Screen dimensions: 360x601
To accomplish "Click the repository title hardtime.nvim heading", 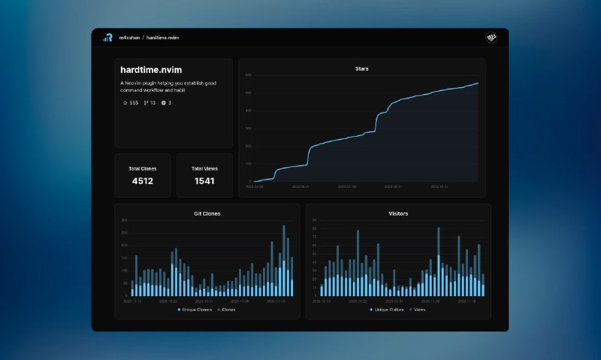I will pyautogui.click(x=151, y=70).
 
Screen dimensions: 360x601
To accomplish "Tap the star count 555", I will pyautogui.click(x=134, y=103).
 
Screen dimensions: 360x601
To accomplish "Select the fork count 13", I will pyautogui.click(x=153, y=103).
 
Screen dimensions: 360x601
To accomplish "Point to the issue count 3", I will pyautogui.click(x=169, y=103).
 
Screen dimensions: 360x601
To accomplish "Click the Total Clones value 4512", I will pyautogui.click(x=143, y=181).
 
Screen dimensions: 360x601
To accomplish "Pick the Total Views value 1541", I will pyautogui.click(x=204, y=181).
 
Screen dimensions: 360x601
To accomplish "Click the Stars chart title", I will pyautogui.click(x=362, y=69).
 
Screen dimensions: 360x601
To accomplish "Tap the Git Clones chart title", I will pyautogui.click(x=207, y=214).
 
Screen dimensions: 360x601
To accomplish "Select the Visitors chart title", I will pyautogui.click(x=398, y=214).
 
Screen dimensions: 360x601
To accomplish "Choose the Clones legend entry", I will pyautogui.click(x=228, y=310).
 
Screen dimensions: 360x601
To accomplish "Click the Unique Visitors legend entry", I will pyautogui.click(x=390, y=310).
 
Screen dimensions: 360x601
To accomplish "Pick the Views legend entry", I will pyautogui.click(x=419, y=310).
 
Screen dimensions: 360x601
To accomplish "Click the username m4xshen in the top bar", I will pyautogui.click(x=129, y=38).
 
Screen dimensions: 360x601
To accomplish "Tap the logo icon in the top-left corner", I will pyautogui.click(x=107, y=38).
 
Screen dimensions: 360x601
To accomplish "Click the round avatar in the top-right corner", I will pyautogui.click(x=492, y=38).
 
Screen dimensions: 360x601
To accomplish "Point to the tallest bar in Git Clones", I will pyautogui.click(x=284, y=260).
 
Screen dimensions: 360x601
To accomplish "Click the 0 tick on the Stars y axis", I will pyautogui.click(x=250, y=182).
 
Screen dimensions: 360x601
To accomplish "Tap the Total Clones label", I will pyautogui.click(x=143, y=168).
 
